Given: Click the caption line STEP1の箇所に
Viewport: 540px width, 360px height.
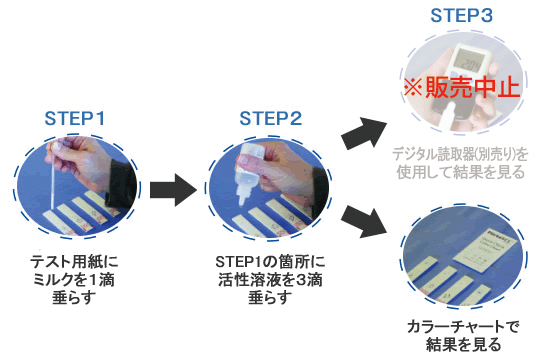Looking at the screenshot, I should pos(270,262).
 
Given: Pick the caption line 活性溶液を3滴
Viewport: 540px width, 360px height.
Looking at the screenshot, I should pos(270,281).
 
